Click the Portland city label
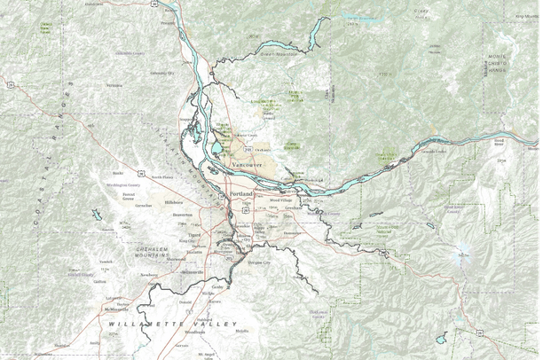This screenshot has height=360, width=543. (x=241, y=193)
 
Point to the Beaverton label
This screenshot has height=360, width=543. (x=182, y=215)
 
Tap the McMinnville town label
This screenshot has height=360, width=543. (x=116, y=308)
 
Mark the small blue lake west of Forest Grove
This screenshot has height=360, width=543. (x=95, y=214)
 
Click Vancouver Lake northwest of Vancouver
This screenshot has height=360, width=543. (x=216, y=146)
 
